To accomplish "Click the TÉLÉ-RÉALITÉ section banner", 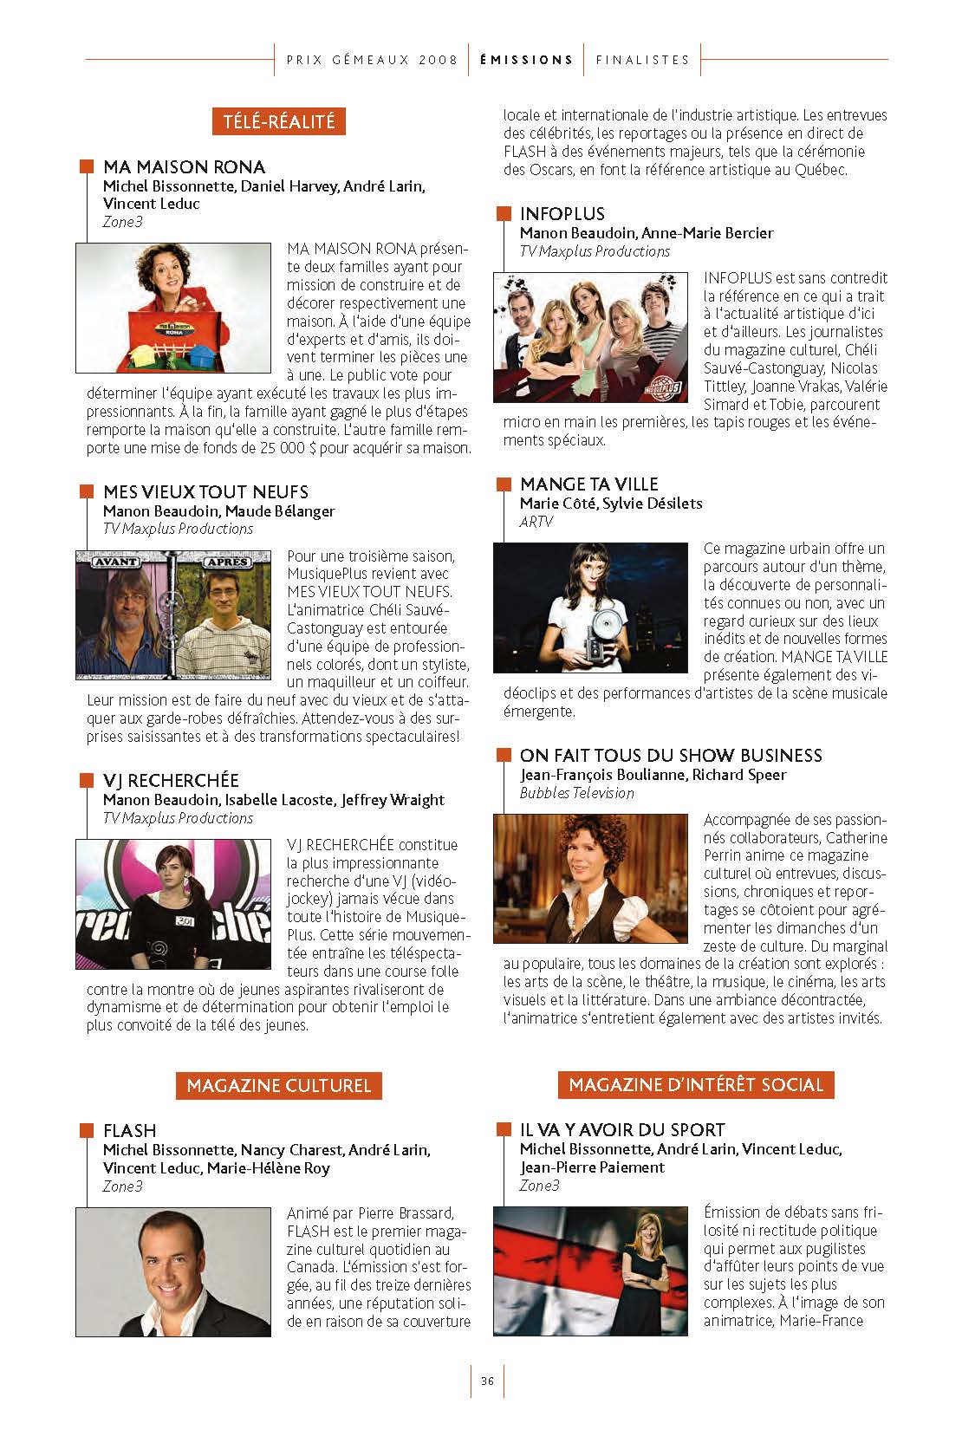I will [279, 121].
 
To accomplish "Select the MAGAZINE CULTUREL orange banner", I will [279, 1085].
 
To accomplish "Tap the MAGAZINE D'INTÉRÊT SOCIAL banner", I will [696, 1084].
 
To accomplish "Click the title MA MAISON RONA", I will [184, 166].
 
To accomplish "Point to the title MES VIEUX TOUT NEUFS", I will [205, 491].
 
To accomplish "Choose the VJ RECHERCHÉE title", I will [171, 780].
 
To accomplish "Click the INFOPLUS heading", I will [562, 213].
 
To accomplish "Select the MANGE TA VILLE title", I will [588, 484].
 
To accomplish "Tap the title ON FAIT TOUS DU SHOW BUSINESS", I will [671, 755].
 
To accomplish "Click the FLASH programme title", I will [129, 1130].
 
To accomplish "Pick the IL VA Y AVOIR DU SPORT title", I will [622, 1129].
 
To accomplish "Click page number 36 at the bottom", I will [487, 1381].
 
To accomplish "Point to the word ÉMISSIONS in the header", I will [526, 60].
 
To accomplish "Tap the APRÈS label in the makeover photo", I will [227, 562].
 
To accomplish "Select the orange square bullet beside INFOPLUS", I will [504, 213].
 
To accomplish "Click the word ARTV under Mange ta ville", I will [536, 522].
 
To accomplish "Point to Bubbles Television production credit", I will [576, 793].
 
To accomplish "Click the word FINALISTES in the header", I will [642, 60].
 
